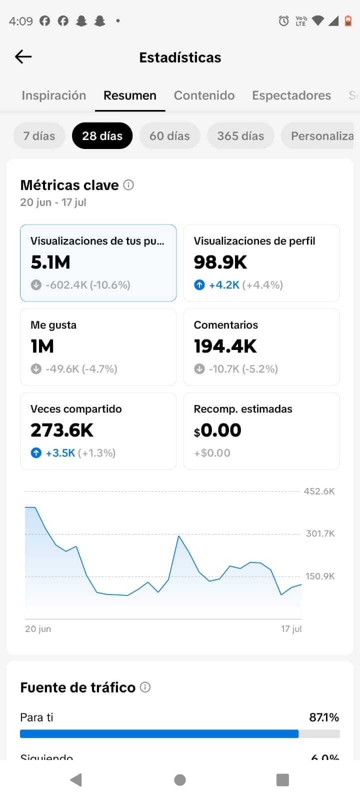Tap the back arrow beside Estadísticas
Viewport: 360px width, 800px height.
point(23,57)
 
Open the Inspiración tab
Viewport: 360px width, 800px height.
point(54,95)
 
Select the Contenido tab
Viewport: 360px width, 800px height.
point(204,95)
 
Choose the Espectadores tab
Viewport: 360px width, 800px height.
point(291,95)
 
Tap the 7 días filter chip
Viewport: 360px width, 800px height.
point(39,136)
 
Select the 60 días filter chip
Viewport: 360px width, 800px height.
point(169,136)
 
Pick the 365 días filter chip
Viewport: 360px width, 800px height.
point(240,136)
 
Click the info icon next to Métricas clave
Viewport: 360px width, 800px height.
point(128,185)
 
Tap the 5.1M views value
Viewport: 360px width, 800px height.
point(50,262)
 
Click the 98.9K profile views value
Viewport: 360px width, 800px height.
point(220,262)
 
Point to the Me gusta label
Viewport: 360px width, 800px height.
point(53,325)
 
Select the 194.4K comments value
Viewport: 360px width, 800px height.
point(225,346)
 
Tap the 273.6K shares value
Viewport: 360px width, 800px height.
point(62,430)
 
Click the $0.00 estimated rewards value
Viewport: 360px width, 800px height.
point(217,430)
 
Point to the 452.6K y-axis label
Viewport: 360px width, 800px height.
point(319,491)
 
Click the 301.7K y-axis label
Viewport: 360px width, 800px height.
point(320,533)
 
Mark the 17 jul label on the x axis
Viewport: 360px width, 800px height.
point(291,629)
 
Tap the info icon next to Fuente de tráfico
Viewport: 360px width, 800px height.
point(145,687)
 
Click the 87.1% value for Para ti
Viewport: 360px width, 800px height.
point(324,717)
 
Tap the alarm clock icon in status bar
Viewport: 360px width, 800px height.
point(283,20)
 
